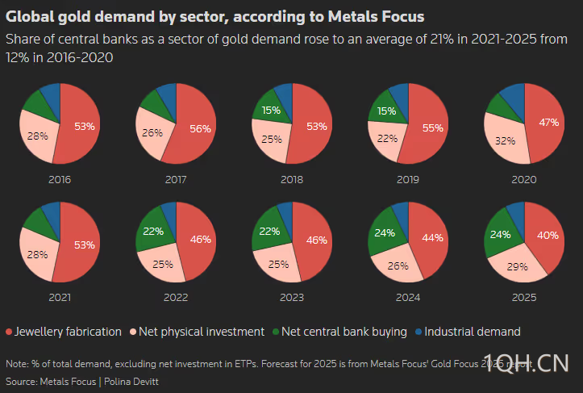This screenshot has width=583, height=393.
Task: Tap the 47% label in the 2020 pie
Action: (x=550, y=122)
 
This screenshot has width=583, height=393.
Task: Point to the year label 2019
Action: (x=408, y=179)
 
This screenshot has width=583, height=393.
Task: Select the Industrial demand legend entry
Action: (x=472, y=332)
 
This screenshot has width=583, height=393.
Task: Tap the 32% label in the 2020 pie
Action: (x=506, y=140)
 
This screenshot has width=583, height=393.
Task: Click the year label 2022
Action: (x=176, y=297)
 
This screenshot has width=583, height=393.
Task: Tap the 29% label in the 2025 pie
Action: (x=518, y=266)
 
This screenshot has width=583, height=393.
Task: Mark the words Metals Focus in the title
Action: (x=378, y=16)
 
